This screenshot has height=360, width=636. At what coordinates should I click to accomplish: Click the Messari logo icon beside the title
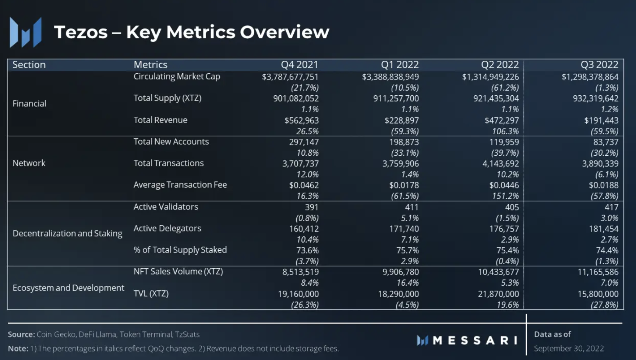(x=25, y=32)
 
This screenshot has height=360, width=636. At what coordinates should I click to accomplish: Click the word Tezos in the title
(x=81, y=32)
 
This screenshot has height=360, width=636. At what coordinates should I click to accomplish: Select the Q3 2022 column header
(x=599, y=65)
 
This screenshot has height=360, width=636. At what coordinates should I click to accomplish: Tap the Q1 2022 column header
(x=400, y=65)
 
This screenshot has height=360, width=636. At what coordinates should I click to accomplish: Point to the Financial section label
(x=29, y=103)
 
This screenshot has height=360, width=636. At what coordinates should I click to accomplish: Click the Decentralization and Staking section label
(x=67, y=233)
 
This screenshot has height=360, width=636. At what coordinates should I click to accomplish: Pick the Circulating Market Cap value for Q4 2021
(x=290, y=77)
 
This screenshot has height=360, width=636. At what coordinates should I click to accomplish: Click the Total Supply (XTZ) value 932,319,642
(x=596, y=98)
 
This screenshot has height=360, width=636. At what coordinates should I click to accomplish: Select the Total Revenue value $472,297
(x=502, y=120)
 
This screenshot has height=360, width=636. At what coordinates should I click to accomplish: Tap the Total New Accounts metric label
(x=171, y=142)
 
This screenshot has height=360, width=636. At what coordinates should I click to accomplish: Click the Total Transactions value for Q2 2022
(x=501, y=163)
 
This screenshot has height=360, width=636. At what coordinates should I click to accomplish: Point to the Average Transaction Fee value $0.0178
(x=404, y=185)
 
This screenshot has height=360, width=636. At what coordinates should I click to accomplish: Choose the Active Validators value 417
(x=611, y=207)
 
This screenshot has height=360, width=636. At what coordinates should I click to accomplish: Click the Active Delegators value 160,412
(x=304, y=229)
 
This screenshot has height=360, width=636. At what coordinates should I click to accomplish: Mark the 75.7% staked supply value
(x=407, y=250)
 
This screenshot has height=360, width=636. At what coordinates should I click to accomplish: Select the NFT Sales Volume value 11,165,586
(x=598, y=272)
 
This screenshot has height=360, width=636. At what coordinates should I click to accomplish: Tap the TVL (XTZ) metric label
(x=151, y=293)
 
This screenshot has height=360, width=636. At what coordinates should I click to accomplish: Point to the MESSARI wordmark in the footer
(x=475, y=340)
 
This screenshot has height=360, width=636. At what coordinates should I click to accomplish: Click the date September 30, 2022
(x=569, y=348)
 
